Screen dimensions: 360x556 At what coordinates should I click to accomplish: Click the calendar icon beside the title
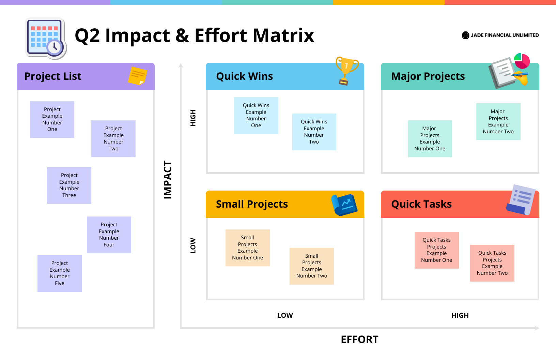click(x=46, y=38)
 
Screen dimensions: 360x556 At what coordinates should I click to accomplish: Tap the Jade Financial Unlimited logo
click(x=500, y=35)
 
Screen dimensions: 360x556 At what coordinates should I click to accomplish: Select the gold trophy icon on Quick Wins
click(x=346, y=70)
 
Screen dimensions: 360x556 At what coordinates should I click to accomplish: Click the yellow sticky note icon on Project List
click(x=137, y=76)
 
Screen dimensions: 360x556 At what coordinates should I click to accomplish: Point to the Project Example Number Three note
click(x=69, y=185)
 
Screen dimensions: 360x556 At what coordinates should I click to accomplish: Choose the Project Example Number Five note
click(x=60, y=273)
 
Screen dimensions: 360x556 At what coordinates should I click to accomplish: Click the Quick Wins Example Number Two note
click(x=314, y=132)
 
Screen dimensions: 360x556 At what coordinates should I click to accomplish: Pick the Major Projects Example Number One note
click(x=430, y=138)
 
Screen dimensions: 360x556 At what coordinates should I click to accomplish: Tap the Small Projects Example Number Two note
click(x=311, y=266)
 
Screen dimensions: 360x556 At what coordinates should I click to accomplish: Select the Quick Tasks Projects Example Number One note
click(x=436, y=250)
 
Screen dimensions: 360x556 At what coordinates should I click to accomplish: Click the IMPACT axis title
click(x=168, y=180)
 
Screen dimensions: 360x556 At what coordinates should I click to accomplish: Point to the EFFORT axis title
click(x=359, y=340)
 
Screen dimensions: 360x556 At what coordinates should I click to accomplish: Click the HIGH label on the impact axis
click(x=193, y=118)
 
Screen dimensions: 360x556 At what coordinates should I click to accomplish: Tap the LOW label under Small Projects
click(x=285, y=315)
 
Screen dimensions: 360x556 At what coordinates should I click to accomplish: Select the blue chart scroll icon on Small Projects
click(x=344, y=205)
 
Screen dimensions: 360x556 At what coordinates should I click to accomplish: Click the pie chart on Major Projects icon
click(x=522, y=61)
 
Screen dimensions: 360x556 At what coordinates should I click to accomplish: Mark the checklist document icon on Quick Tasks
click(x=521, y=200)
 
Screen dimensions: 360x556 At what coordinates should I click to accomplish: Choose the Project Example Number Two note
click(x=113, y=138)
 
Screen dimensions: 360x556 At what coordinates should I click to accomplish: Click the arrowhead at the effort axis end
click(x=537, y=328)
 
